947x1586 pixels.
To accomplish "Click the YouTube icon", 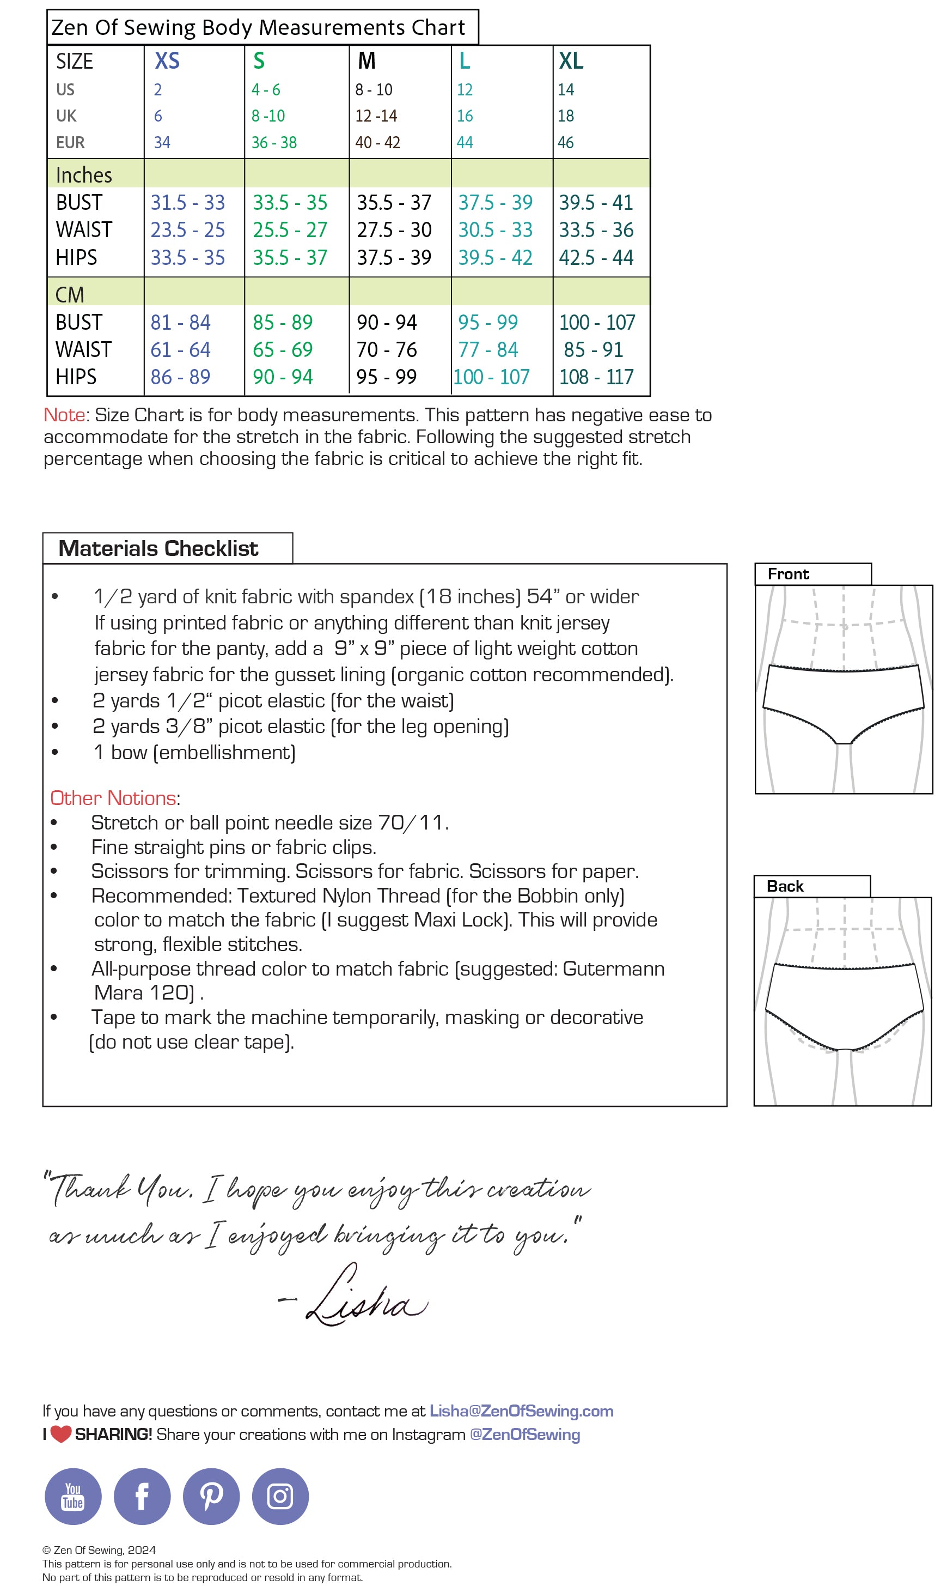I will coord(73,1496).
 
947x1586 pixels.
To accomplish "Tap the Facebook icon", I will coord(142,1496).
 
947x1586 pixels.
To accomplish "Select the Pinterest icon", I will coord(211,1496).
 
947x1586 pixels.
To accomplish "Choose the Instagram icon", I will coord(280,1496).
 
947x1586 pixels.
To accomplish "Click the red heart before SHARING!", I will coord(60,1434).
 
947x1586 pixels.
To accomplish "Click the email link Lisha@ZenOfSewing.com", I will coord(521,1411).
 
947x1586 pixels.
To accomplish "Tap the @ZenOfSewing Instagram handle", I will coord(524,1434).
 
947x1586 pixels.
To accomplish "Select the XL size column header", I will coord(571,60).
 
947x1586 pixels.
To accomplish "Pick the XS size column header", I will coord(167,60).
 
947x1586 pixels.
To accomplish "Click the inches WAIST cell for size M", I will coord(394,230).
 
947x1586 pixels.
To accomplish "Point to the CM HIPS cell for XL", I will coord(596,377).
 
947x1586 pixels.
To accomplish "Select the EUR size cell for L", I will coord(465,142).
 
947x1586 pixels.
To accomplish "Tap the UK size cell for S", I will coord(268,116).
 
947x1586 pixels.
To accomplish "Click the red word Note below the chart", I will coord(64,415).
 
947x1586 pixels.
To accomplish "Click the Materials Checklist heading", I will coord(158,548).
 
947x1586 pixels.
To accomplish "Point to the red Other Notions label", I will coord(113,798).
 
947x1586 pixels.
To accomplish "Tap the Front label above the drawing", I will coord(788,574).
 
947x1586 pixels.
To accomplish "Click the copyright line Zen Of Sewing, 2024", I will coord(99,1549).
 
